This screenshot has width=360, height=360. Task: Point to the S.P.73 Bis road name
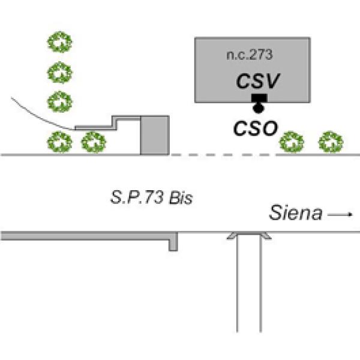tap(152, 198)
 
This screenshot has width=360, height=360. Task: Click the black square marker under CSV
tap(259, 98)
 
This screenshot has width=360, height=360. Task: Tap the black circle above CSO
tap(259, 109)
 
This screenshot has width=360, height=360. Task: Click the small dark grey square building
tap(154, 136)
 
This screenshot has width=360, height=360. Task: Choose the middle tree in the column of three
tap(60, 73)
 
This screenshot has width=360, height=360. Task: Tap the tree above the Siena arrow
tap(331, 142)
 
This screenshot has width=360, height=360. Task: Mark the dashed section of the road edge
tap(222, 155)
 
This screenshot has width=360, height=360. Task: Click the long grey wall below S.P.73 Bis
tap(84, 236)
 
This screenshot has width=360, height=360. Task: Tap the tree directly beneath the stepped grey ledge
tap(93, 142)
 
